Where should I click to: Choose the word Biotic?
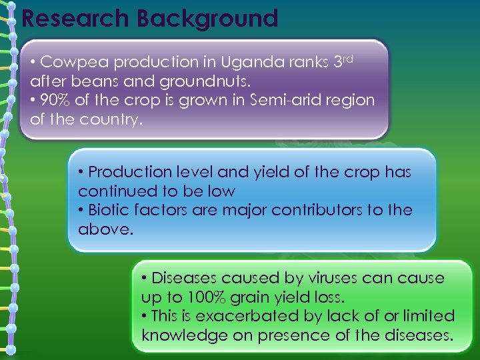point(109,211)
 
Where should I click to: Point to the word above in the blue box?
point(103,230)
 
